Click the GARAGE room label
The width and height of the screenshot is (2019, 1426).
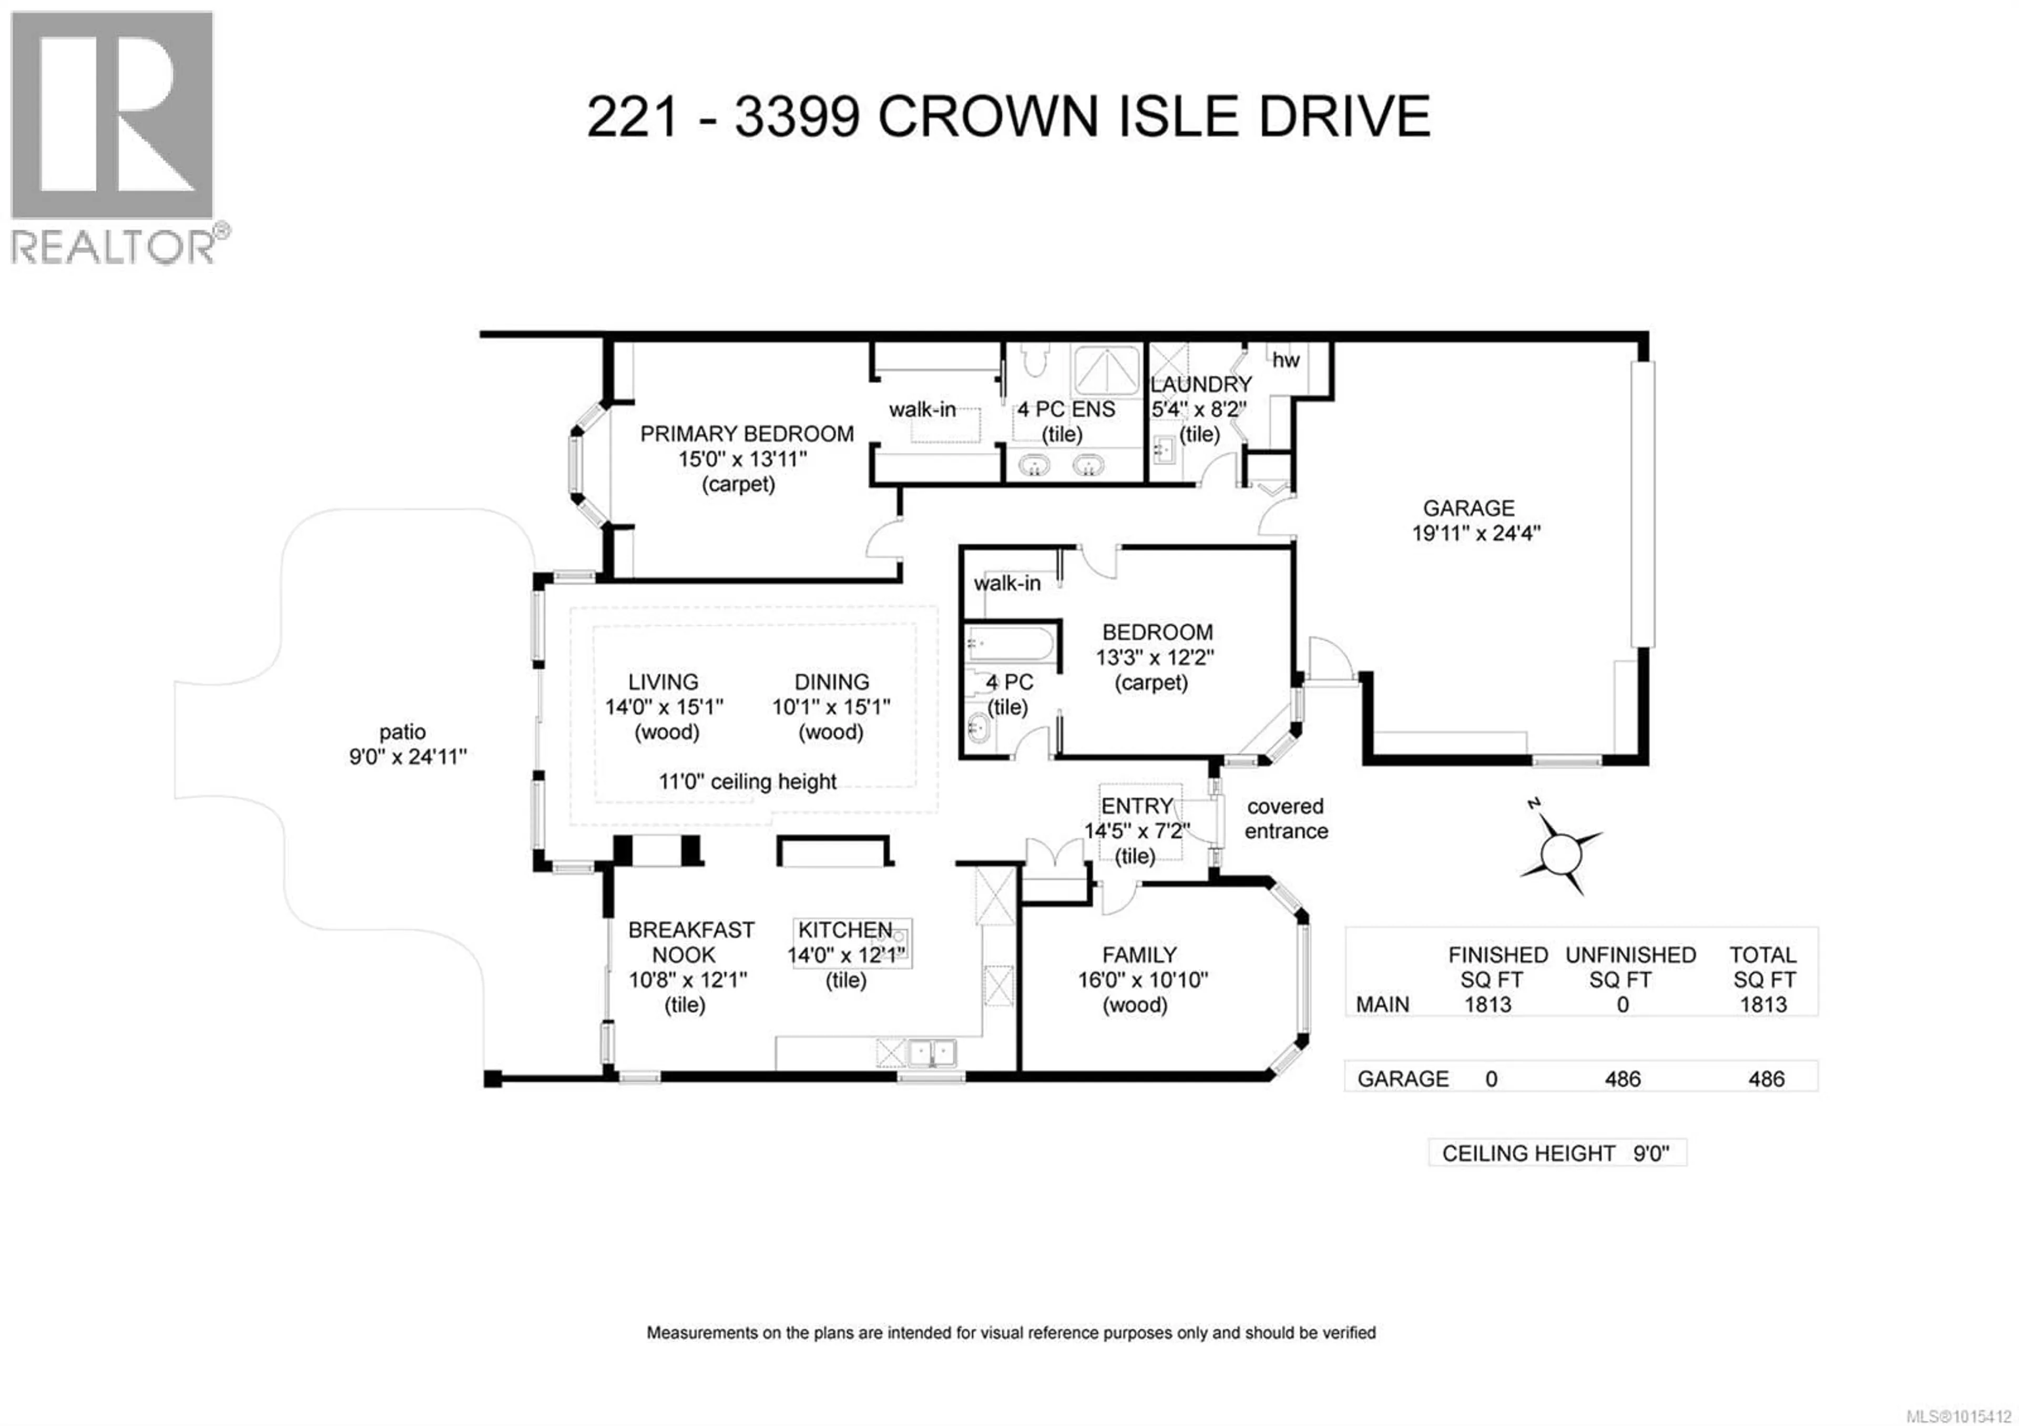[x=1469, y=508]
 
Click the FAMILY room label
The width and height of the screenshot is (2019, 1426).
[x=1140, y=955]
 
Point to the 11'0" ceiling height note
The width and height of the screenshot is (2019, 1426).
[x=748, y=781]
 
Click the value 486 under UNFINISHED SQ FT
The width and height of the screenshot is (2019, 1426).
[x=1623, y=1079]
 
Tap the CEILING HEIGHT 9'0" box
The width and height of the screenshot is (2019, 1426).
[x=1556, y=1153]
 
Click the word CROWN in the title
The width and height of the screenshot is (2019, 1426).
[x=987, y=116]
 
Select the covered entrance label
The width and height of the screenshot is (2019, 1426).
[x=1286, y=819]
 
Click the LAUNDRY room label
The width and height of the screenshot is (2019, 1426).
[x=1201, y=384]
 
